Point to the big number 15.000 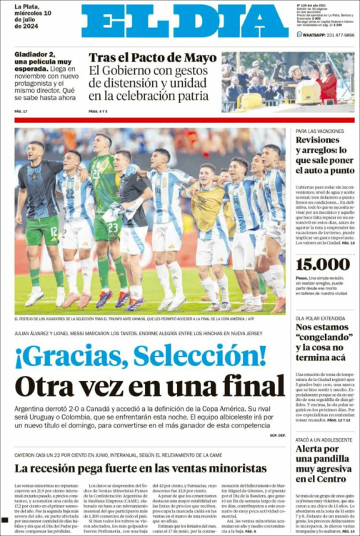point(322,264)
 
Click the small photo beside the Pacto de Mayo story point(288,78)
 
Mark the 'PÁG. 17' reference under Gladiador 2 point(21,111)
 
